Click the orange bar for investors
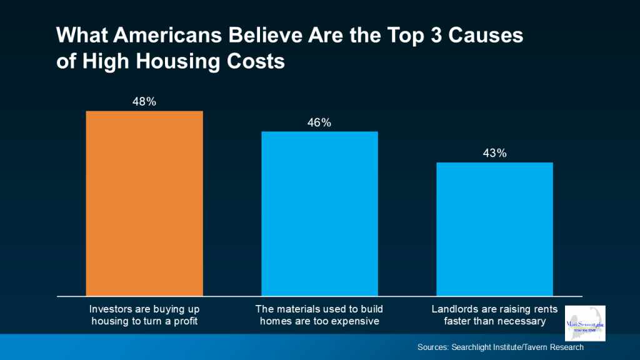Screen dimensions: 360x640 click(x=144, y=202)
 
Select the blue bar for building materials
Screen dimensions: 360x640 click(x=319, y=213)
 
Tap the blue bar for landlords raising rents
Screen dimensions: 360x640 click(x=494, y=229)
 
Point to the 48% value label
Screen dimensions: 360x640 click(x=144, y=101)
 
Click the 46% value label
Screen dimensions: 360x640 click(x=319, y=122)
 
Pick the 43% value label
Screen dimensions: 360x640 click(x=494, y=153)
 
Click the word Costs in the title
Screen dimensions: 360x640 click(x=257, y=62)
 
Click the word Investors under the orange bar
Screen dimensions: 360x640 click(x=109, y=309)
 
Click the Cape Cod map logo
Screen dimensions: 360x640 click(x=586, y=324)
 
